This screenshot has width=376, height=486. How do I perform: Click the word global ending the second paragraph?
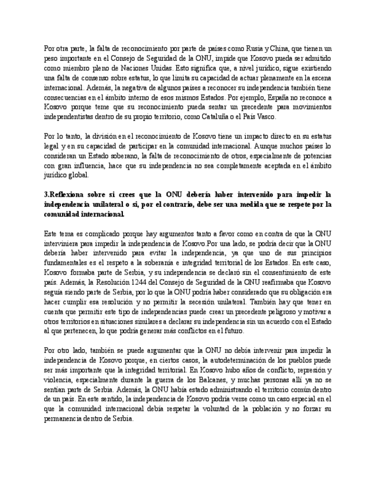(x=79, y=175)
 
